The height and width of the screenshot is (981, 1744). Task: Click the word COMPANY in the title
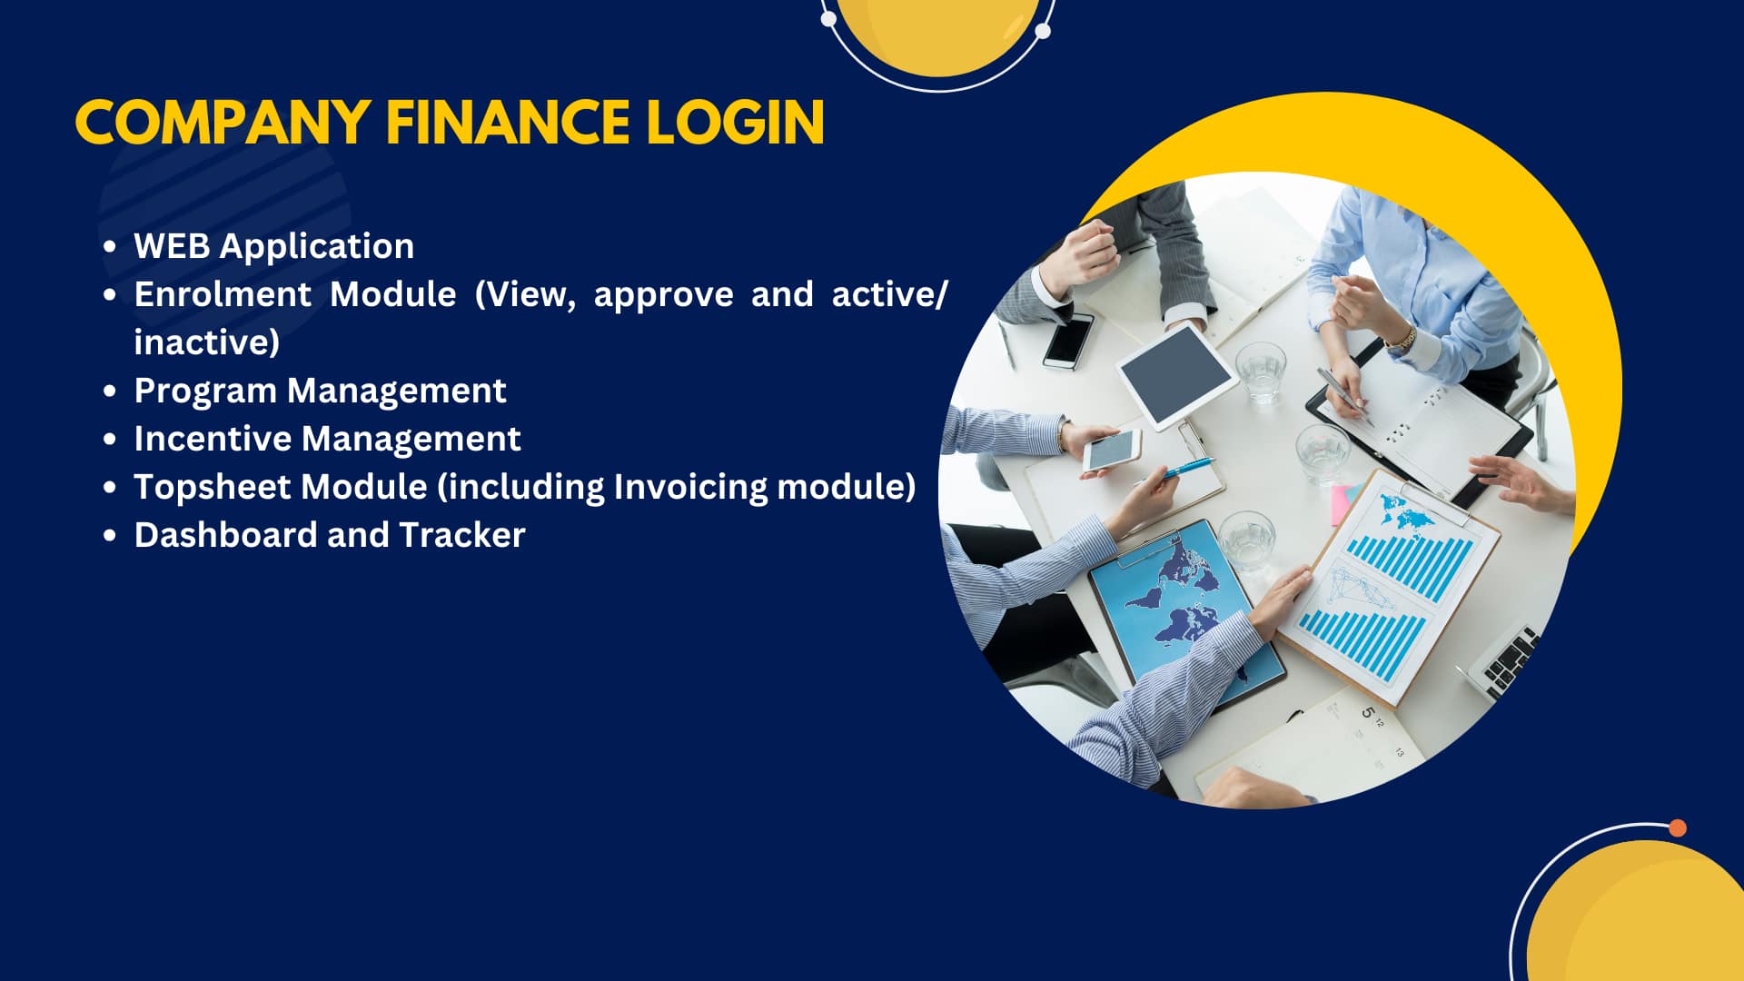[x=223, y=123]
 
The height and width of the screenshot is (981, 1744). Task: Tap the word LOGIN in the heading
[x=735, y=123]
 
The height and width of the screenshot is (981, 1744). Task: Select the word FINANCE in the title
[x=508, y=123]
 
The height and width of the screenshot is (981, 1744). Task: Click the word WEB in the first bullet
[x=172, y=246]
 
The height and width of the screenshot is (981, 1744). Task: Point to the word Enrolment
[x=223, y=294]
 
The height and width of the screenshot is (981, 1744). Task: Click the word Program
[x=205, y=391]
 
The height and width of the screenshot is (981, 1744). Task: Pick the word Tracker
[x=462, y=535]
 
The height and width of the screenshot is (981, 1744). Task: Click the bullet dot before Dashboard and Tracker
[x=110, y=536]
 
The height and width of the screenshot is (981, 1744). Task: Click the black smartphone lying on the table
[x=1068, y=340]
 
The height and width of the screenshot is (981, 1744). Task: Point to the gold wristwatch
[x=1402, y=341]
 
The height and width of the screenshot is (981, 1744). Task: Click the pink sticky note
[x=1342, y=505]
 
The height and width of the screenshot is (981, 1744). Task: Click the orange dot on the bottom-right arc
[x=1678, y=827]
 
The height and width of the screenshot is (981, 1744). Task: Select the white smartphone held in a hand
[x=1111, y=450]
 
